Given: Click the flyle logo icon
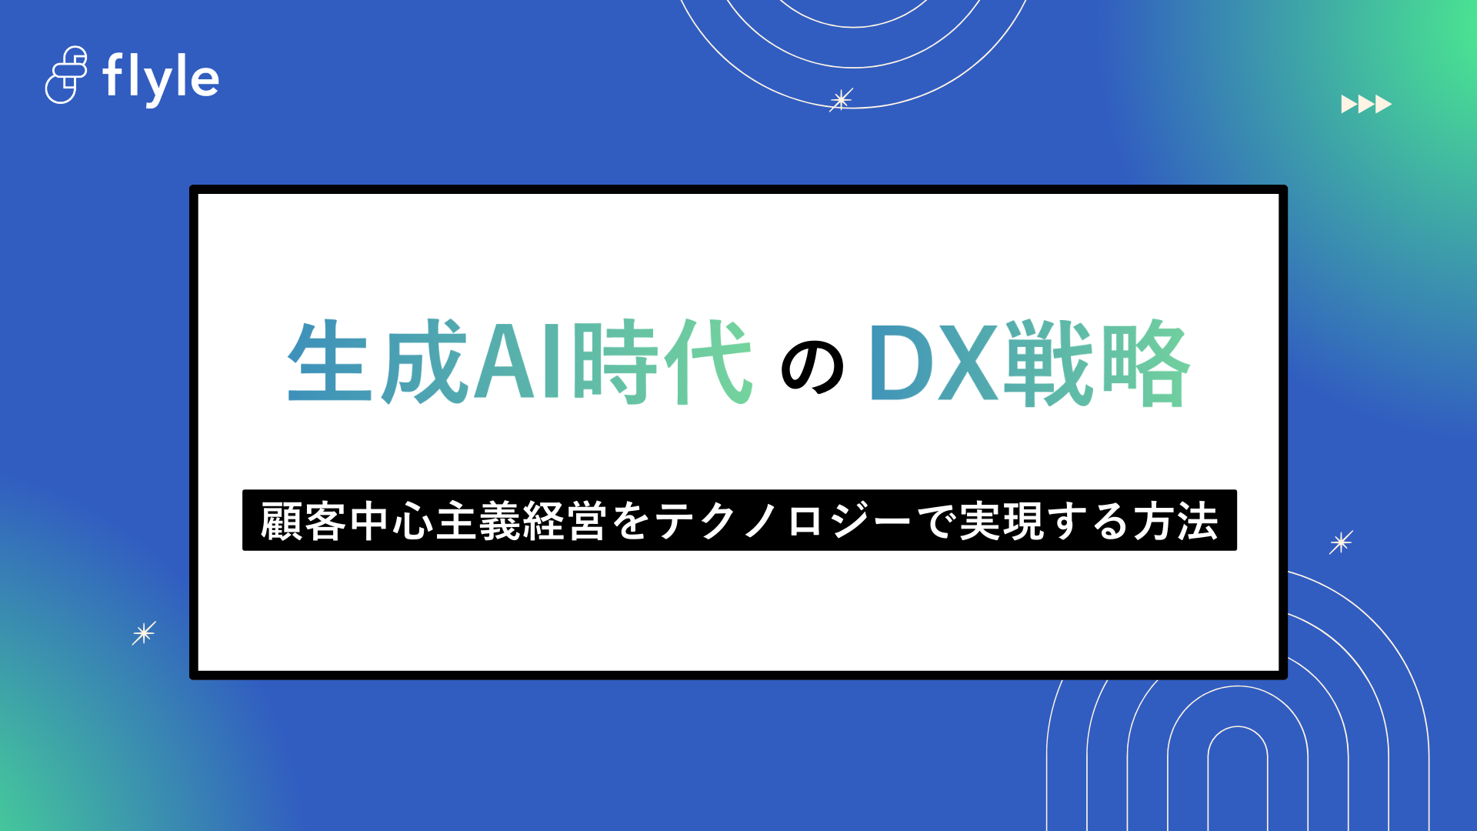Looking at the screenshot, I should tap(66, 75).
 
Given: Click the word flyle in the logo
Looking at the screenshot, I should tap(161, 78).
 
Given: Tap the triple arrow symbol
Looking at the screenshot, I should tap(1365, 104).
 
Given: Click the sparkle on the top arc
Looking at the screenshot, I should tap(841, 100).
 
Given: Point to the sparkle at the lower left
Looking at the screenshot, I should tap(144, 633).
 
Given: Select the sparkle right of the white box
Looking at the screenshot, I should tap(1341, 542).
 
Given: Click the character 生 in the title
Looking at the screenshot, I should tap(330, 362).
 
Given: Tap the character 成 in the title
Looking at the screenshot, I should tap(425, 362).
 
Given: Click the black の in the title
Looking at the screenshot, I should tap(812, 368).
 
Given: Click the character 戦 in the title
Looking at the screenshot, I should tap(1049, 362).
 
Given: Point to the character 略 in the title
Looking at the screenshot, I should tap(1145, 362).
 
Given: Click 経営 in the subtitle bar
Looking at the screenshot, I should tap(564, 521).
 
